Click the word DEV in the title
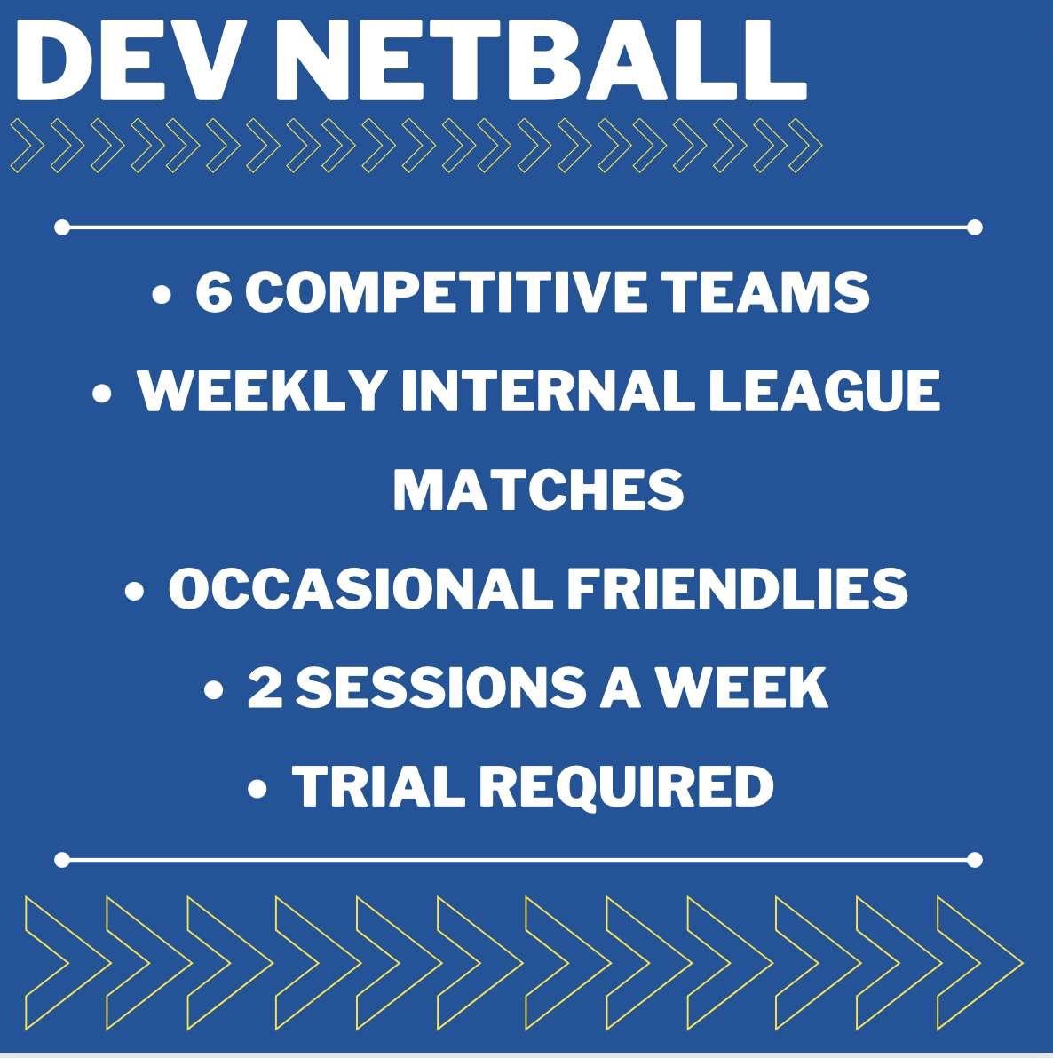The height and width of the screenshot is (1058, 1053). tap(128, 60)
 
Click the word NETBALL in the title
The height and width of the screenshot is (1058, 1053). tap(539, 60)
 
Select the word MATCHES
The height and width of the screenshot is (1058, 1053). tap(538, 489)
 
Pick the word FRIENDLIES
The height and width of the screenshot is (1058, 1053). tap(737, 588)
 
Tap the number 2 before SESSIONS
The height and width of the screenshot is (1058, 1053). tap(265, 687)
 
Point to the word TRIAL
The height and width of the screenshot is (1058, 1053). tap(377, 786)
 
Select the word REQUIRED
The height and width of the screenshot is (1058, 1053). tap(626, 786)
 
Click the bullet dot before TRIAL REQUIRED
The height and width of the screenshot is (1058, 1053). tap(257, 788)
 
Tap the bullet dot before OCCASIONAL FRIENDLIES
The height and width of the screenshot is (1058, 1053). tap(134, 591)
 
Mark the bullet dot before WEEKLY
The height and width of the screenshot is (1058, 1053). tap(101, 393)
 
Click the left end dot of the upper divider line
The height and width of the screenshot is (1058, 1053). tap(62, 227)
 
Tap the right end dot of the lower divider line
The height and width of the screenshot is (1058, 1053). tap(974, 860)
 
